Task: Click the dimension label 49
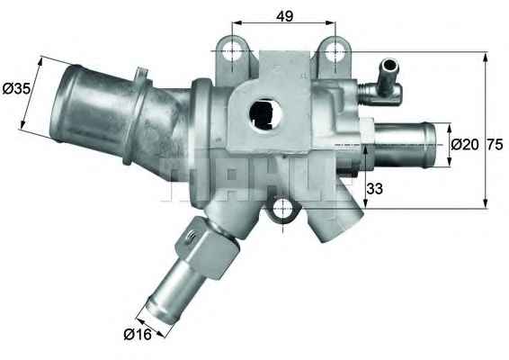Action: pyautogui.click(x=285, y=16)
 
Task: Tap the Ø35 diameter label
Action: pyautogui.click(x=16, y=88)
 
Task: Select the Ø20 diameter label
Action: pyautogui.click(x=465, y=145)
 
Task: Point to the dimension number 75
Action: pyautogui.click(x=495, y=145)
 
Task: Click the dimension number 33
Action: pyautogui.click(x=375, y=188)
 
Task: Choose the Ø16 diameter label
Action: pyautogui.click(x=138, y=334)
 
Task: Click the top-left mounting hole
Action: pyautogui.click(x=233, y=51)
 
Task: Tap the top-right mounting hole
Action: pyautogui.click(x=335, y=52)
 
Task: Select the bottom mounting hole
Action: pyautogui.click(x=283, y=209)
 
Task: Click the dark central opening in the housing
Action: pyautogui.click(x=265, y=114)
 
